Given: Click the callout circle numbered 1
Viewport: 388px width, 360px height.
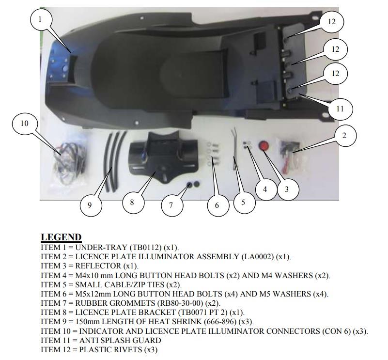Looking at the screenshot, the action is [x=41, y=20].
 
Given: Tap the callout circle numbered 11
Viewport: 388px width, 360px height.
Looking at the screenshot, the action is [x=340, y=109].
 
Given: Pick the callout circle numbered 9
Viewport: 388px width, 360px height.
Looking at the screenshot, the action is [x=90, y=205].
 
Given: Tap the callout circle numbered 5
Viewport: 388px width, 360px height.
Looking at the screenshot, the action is [x=244, y=202].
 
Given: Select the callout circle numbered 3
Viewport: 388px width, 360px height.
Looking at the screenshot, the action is [x=287, y=189].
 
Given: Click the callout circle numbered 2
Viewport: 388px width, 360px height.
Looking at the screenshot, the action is [x=345, y=136].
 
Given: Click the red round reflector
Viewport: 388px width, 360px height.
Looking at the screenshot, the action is [x=264, y=146].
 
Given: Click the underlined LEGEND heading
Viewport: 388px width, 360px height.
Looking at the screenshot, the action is [x=61, y=237].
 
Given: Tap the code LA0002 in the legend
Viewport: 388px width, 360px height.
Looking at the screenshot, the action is [x=257, y=256].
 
